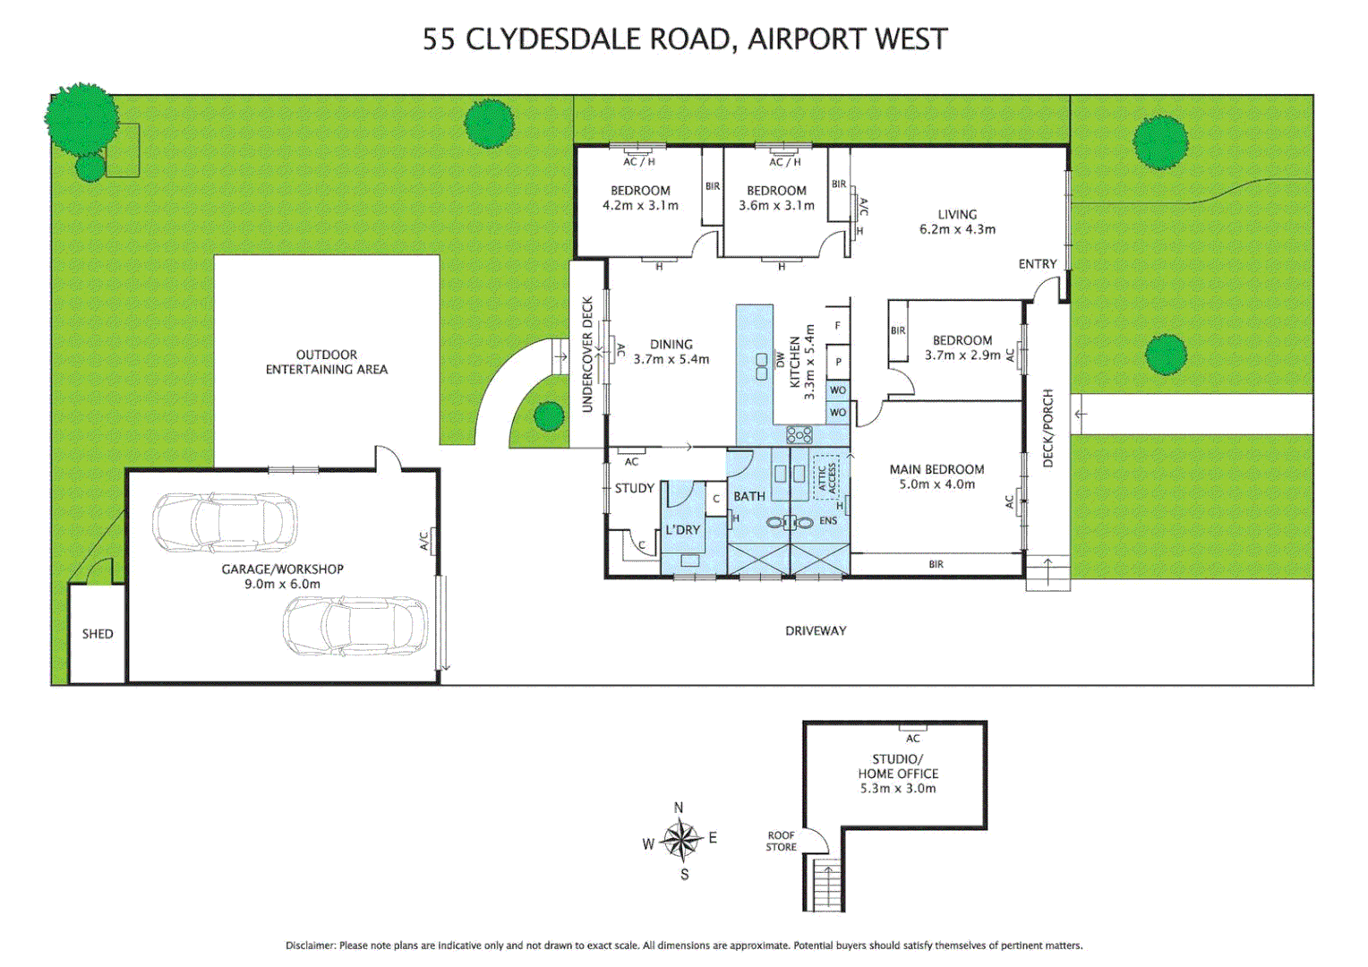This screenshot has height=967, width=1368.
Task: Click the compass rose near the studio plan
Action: (682, 840)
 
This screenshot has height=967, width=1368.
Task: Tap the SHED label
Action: (98, 634)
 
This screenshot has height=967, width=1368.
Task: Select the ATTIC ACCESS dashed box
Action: (825, 477)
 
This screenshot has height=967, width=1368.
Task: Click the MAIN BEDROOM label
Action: (936, 469)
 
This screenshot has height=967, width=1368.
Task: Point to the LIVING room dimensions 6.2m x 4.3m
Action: (957, 229)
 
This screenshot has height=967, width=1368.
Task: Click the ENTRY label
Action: (1037, 264)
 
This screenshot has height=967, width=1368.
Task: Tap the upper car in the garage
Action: (224, 521)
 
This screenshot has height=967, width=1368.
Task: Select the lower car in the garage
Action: (355, 625)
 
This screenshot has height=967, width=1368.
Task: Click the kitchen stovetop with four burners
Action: (799, 435)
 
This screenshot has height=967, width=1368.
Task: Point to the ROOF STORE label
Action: (781, 841)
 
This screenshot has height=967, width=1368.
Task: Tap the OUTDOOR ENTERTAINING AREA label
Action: (327, 362)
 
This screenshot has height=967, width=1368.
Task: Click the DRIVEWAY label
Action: (816, 630)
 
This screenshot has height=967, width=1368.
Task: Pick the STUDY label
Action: (634, 488)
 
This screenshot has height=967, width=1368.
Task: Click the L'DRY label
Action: (682, 530)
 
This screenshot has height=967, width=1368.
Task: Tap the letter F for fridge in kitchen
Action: (837, 326)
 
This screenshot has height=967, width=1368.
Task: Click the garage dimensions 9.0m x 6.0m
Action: (282, 584)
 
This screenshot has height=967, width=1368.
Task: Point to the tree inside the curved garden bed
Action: (548, 415)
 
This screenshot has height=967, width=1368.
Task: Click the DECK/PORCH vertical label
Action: (1047, 428)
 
